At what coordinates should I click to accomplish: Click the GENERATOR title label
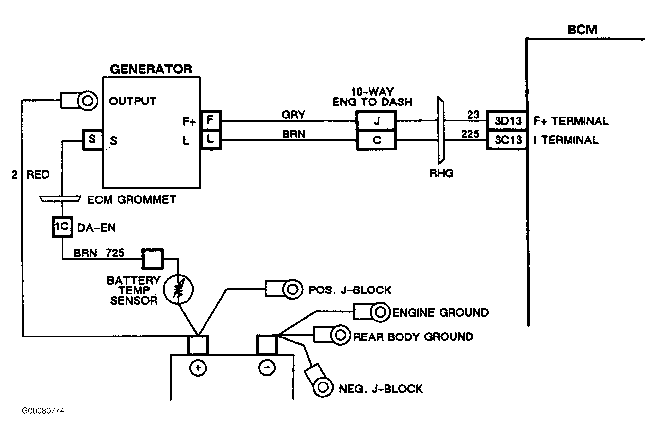(x=151, y=69)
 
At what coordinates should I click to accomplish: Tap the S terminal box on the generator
(x=92, y=140)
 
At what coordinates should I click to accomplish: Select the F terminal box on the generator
(x=211, y=120)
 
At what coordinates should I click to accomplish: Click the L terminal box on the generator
(x=211, y=140)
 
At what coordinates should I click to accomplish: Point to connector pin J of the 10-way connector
(x=376, y=121)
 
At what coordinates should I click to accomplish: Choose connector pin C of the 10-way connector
(x=376, y=140)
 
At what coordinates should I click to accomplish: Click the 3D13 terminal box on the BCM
(x=507, y=121)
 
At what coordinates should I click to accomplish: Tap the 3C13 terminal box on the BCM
(x=507, y=140)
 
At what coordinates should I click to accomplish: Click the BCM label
(x=583, y=30)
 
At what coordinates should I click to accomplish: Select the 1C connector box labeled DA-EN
(x=62, y=227)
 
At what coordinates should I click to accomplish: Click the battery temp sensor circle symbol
(x=178, y=289)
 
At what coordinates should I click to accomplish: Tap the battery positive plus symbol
(x=198, y=368)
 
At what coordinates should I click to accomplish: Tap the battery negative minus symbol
(x=267, y=368)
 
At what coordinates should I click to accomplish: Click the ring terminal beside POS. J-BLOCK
(x=292, y=289)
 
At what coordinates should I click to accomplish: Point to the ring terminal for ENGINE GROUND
(x=380, y=312)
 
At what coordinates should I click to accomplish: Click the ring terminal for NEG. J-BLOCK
(x=322, y=387)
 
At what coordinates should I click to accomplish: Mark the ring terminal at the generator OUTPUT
(x=88, y=101)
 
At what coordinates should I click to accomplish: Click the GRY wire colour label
(x=293, y=115)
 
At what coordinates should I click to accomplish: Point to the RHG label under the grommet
(x=442, y=173)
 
